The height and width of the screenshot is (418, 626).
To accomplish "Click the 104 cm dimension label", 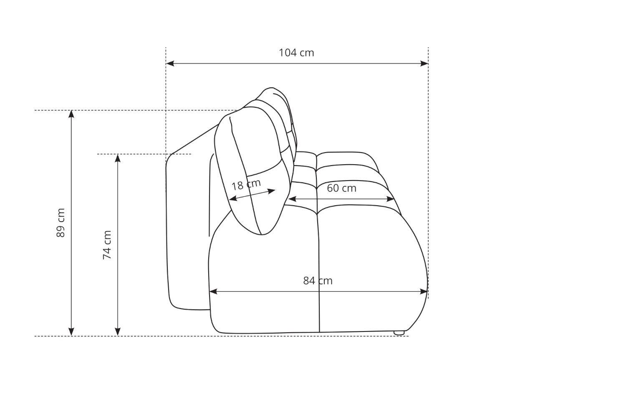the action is [296, 53].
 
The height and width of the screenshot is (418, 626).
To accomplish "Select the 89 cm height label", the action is [61, 223].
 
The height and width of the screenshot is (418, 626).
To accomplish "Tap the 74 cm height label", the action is [107, 245].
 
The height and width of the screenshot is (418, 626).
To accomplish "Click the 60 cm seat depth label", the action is [341, 188].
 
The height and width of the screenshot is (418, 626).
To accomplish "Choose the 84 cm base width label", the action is [318, 280].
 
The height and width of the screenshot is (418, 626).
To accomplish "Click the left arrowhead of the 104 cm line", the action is [170, 64].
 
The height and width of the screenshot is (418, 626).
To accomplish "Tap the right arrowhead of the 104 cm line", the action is [424, 64].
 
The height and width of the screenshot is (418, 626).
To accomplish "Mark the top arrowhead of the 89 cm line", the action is [71, 114].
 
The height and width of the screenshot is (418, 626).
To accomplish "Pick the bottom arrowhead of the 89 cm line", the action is [71, 331].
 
